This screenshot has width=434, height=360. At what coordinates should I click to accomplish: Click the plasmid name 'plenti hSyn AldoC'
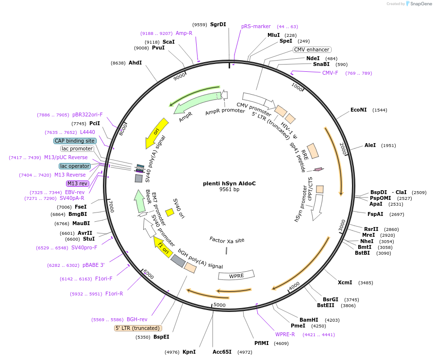[x=230, y=183]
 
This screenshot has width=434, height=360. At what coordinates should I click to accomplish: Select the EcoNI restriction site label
[x=359, y=110]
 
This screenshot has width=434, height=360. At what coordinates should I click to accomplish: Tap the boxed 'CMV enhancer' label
[x=312, y=49]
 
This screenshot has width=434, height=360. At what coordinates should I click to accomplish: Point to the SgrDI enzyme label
[x=218, y=24]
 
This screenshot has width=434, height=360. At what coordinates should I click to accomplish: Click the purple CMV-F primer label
[x=330, y=73]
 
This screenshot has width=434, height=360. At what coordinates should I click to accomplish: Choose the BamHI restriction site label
[x=309, y=320]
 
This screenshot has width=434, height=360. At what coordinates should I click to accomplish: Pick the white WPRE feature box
[x=236, y=276]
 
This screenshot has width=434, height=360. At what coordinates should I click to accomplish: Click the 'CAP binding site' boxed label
[x=75, y=141]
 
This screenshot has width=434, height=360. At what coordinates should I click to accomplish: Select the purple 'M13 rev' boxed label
[x=77, y=183]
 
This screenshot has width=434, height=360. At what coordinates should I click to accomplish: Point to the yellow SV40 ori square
[x=169, y=212]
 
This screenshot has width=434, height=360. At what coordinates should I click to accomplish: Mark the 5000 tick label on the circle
[x=219, y=305]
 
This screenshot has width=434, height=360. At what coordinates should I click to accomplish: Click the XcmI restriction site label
[x=345, y=282]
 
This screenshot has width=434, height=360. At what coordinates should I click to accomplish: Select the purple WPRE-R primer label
[x=285, y=334]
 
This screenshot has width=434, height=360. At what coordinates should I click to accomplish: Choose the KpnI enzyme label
[x=189, y=352]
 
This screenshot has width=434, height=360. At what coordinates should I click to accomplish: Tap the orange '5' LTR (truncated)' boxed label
[x=138, y=328]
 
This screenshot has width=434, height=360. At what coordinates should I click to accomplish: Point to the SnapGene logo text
[x=421, y=4]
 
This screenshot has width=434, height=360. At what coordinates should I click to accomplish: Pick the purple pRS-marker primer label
[x=256, y=26]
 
